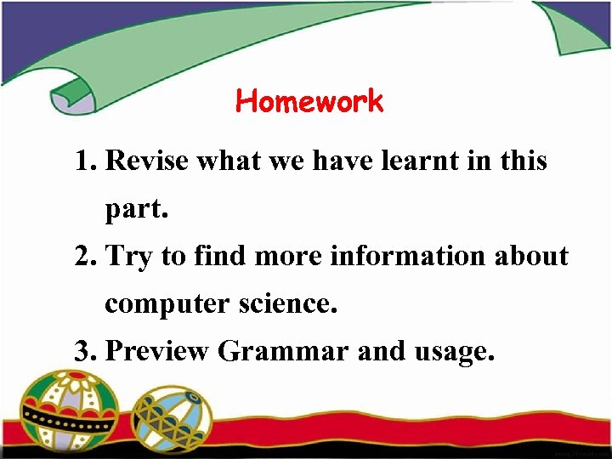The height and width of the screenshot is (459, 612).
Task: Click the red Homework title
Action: click(x=309, y=102)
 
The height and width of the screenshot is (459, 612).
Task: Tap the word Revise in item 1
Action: click(x=147, y=161)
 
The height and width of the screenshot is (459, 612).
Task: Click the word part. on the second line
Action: click(x=137, y=210)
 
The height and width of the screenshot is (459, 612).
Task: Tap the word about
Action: click(x=532, y=256)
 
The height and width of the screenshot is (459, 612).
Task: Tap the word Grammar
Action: click(x=283, y=350)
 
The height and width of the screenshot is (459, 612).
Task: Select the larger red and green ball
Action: click(x=71, y=412)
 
